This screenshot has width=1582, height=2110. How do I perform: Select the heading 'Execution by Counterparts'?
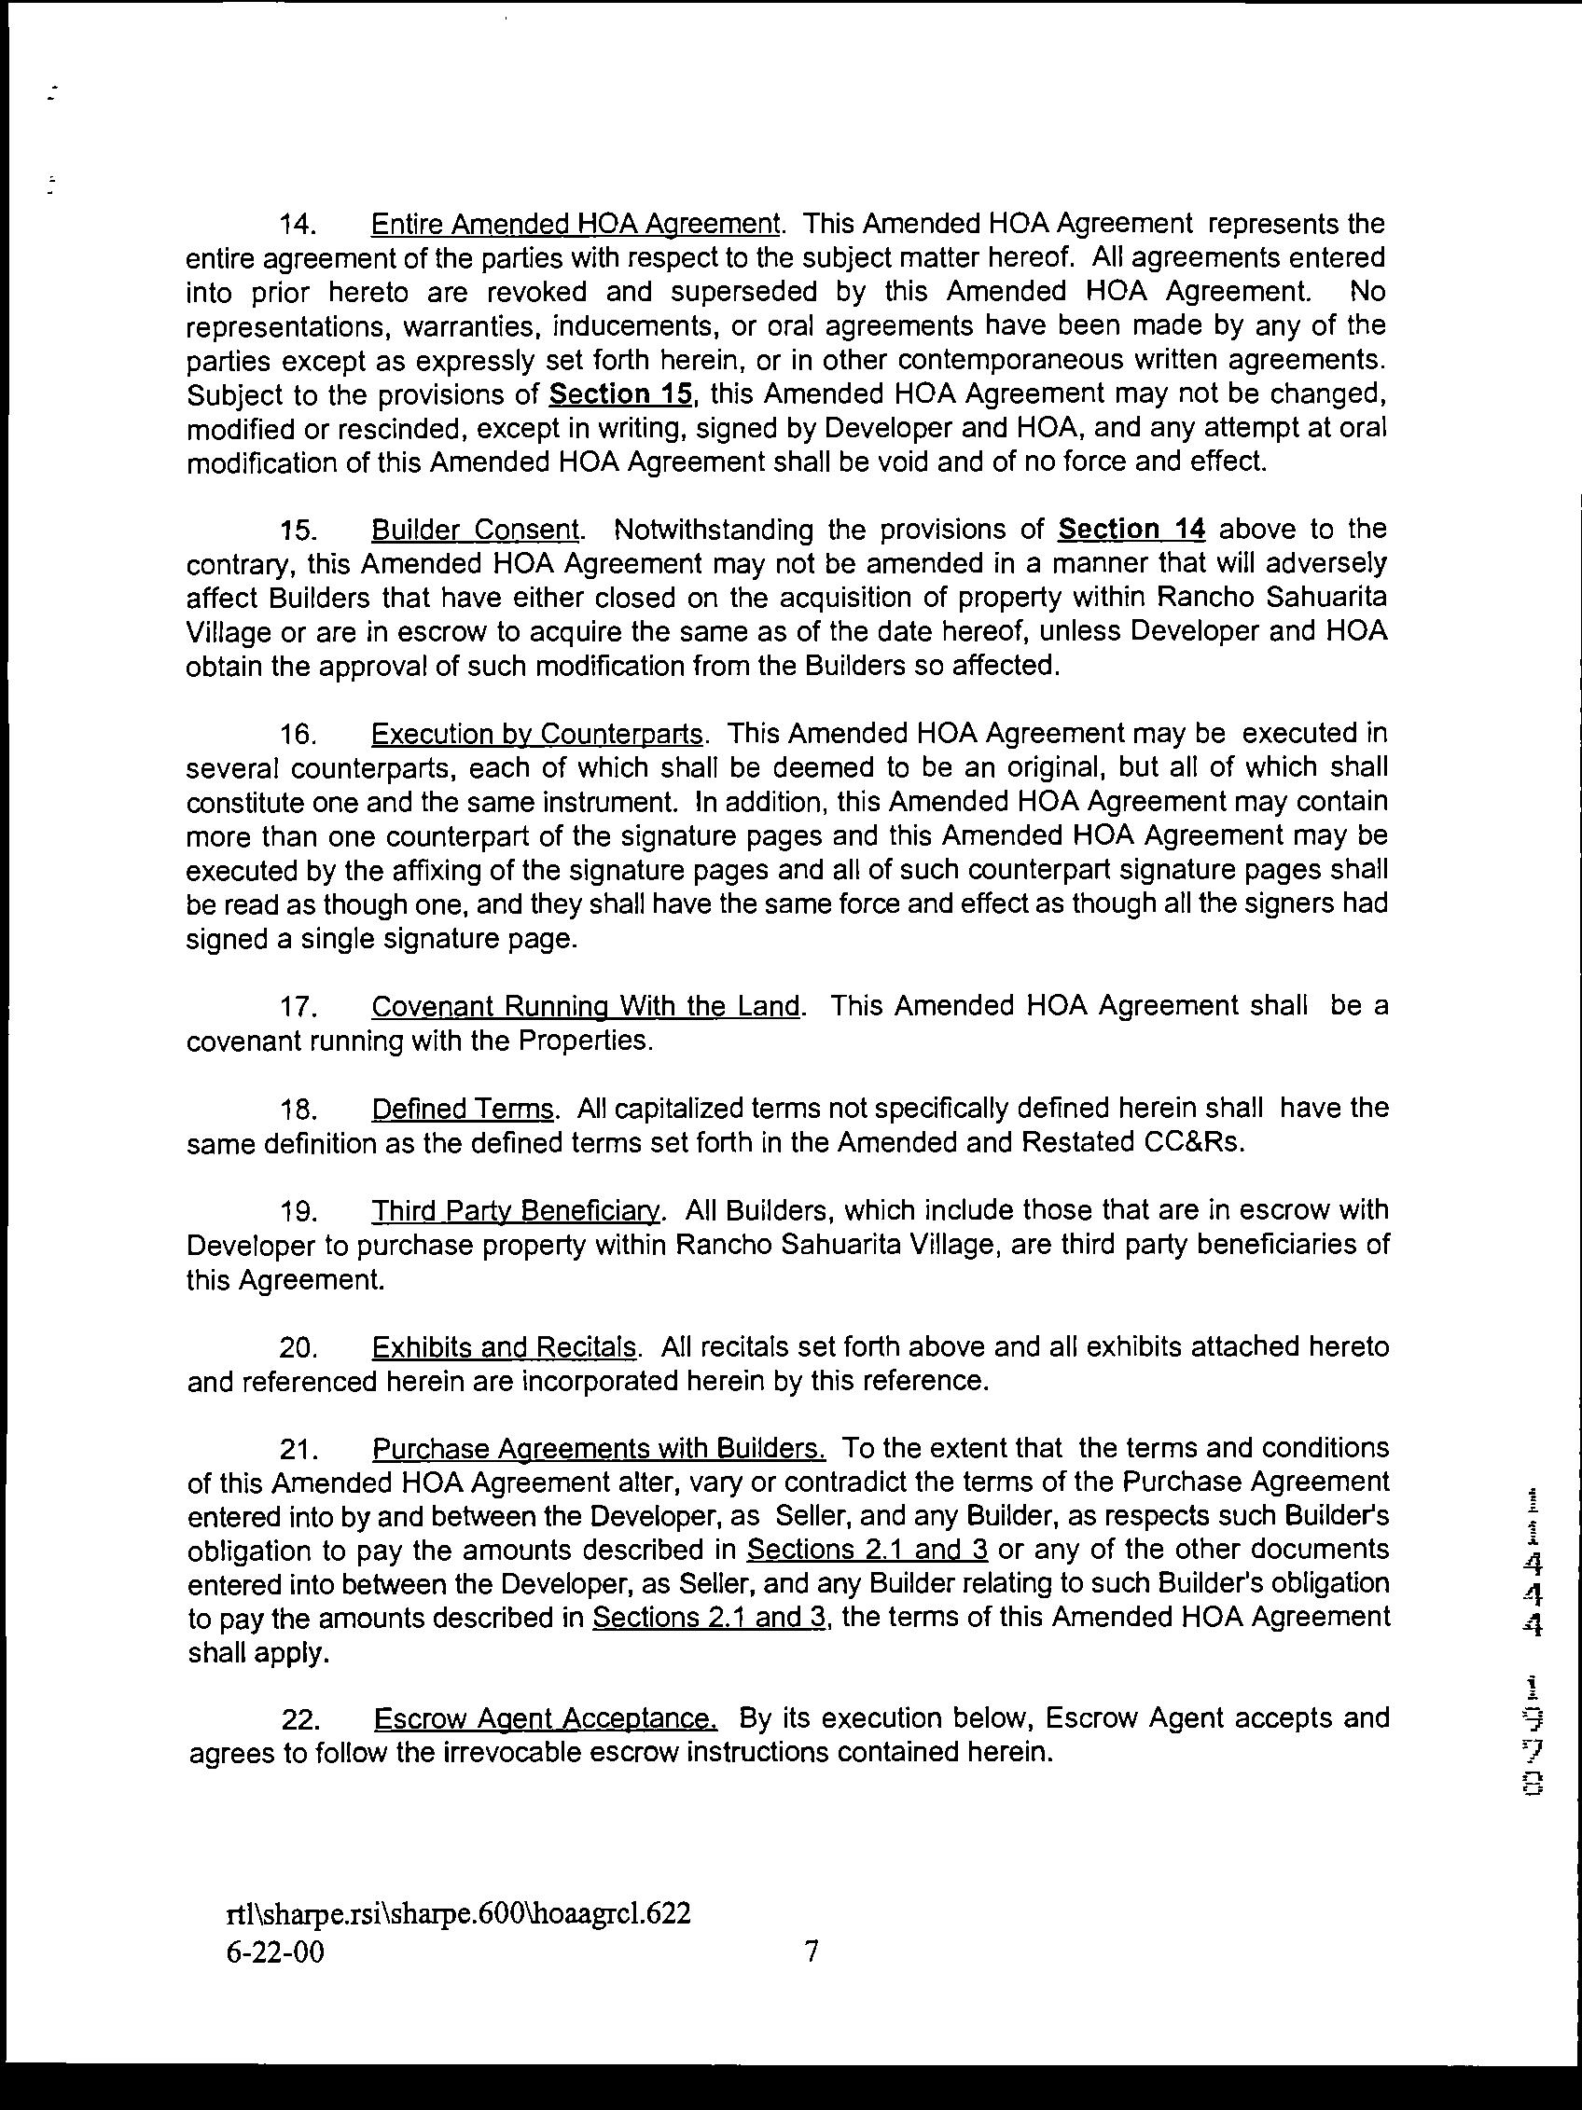tap(537, 734)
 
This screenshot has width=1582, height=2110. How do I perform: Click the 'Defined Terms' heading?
tap(463, 1109)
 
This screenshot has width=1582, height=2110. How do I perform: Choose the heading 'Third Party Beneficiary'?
tap(515, 1210)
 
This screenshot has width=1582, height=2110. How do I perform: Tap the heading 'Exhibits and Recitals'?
tap(504, 1347)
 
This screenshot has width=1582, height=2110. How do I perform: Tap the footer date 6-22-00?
tap(275, 1952)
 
